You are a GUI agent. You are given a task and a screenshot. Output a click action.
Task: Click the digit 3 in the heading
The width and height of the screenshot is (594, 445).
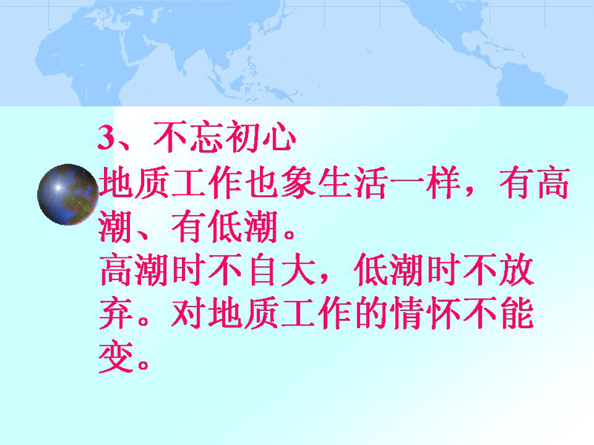pyautogui.click(x=106, y=138)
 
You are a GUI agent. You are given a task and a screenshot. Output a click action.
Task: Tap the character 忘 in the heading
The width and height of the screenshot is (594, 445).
pyautogui.click(x=206, y=136)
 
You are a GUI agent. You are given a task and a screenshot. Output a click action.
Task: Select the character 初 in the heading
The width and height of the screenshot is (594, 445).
pyautogui.click(x=243, y=136)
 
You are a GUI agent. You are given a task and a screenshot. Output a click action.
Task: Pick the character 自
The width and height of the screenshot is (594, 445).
pyautogui.click(x=262, y=269)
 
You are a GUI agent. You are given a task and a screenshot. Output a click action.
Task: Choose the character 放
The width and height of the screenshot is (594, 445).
pyautogui.click(x=517, y=269)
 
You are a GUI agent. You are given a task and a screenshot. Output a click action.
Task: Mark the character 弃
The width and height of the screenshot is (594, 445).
pyautogui.click(x=116, y=312)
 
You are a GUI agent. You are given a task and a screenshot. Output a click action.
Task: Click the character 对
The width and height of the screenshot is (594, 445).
pyautogui.click(x=189, y=312)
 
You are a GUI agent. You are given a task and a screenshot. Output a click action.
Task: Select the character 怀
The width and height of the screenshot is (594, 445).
pyautogui.click(x=443, y=312)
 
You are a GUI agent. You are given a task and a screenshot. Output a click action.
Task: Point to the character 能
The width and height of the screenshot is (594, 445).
pyautogui.click(x=517, y=312)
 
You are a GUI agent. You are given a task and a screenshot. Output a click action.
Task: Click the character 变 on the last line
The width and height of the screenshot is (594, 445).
pyautogui.click(x=116, y=357)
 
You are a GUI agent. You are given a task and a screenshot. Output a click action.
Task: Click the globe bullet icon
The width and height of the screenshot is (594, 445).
pyautogui.click(x=68, y=194)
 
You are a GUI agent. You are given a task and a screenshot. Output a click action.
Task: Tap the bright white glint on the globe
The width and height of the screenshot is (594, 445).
pyautogui.click(x=58, y=187)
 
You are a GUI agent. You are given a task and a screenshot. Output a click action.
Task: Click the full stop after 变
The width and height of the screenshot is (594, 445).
pyautogui.click(x=143, y=365)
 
